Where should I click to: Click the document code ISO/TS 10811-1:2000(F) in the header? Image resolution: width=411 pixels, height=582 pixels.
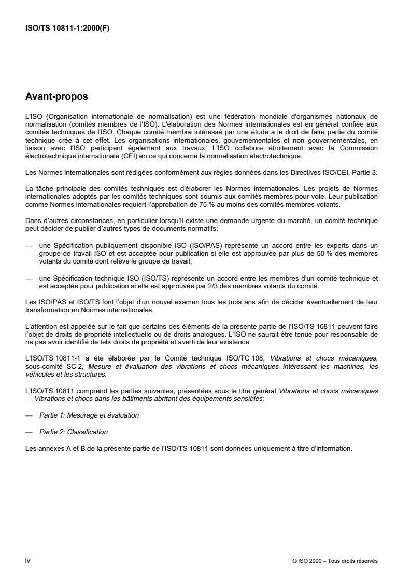click(67, 29)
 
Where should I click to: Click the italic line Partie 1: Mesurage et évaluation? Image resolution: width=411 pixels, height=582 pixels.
click(89, 415)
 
